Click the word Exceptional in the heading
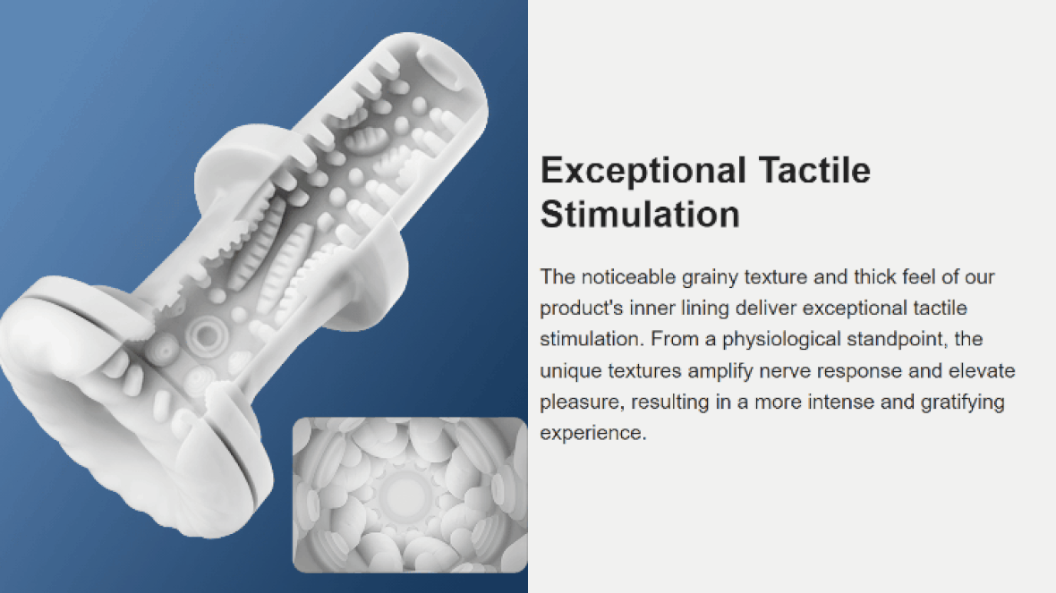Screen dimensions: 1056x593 (643, 171)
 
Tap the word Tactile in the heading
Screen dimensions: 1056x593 (814, 170)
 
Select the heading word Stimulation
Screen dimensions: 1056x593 (640, 214)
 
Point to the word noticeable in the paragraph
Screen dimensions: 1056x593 (628, 276)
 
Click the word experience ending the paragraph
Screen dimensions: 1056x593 (592, 434)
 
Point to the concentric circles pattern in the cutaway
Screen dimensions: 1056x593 (206, 334)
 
